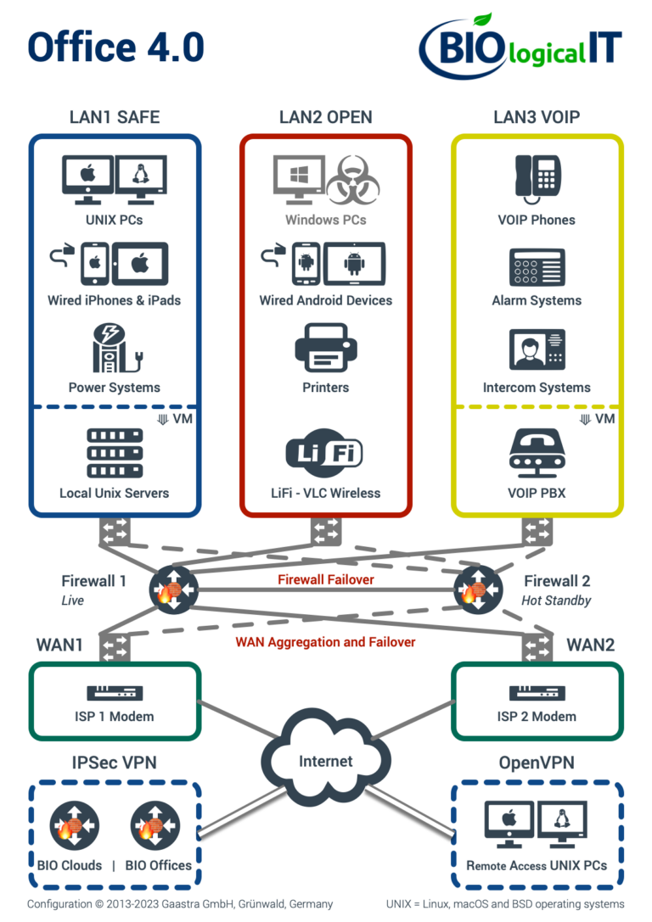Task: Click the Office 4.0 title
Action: coord(116,47)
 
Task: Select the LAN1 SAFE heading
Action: coord(114,117)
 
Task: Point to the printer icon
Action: coord(326,347)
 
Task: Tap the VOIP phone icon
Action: coord(536,178)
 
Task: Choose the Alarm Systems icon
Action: coord(537,266)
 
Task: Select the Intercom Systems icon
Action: coord(537,349)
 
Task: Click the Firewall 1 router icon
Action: coord(172,588)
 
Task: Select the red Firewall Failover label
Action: coord(326,580)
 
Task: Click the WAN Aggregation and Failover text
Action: coord(326,642)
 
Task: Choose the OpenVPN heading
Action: coord(536,763)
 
